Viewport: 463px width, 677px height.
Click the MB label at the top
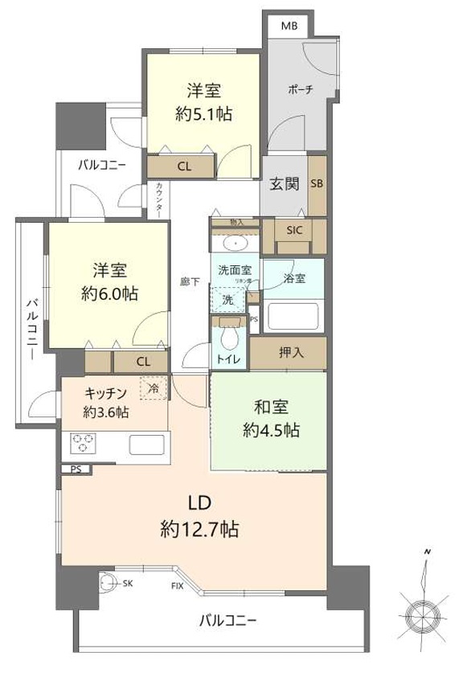(x=289, y=25)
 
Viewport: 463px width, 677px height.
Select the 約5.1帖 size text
(x=204, y=114)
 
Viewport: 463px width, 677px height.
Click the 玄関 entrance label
(x=284, y=184)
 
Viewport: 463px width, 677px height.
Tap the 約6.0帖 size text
(x=109, y=293)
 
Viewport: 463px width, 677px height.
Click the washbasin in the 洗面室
(x=235, y=241)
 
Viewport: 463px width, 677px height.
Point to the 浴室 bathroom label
(x=294, y=279)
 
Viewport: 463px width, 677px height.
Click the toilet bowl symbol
(x=230, y=336)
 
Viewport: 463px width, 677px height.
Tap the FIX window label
(x=177, y=585)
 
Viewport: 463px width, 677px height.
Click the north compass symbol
(x=422, y=615)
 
